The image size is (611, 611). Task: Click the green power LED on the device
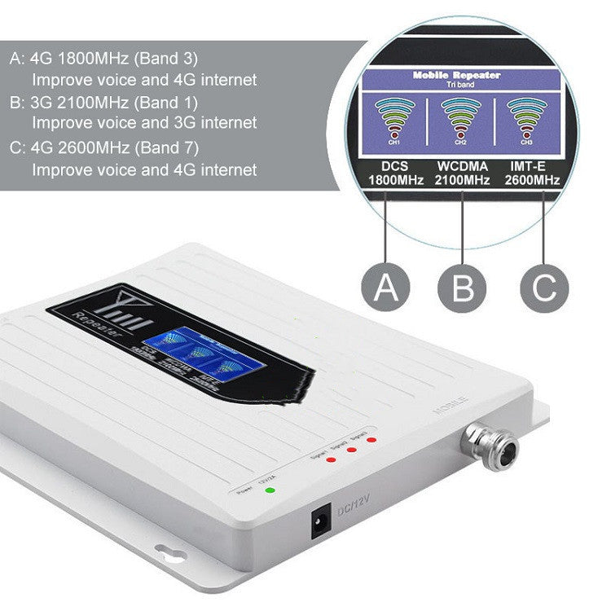(270, 490)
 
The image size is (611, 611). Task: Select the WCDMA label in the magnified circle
(462, 166)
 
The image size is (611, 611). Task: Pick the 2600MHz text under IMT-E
(534, 180)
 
